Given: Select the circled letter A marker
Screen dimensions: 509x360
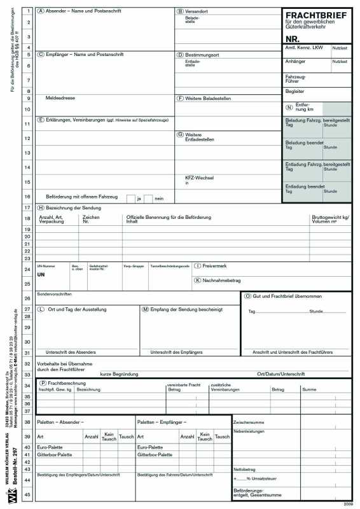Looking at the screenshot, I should click(41, 11).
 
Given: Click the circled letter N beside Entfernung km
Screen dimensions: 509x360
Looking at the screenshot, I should click(289, 108).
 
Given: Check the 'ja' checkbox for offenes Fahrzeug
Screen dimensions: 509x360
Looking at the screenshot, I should click(130, 199).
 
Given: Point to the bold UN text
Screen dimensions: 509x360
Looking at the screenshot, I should click(41, 274).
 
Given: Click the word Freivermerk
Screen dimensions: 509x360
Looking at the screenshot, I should click(216, 265).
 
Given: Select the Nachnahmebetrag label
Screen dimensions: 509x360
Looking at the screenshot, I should click(221, 280).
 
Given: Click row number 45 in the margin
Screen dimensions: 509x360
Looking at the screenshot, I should click(28, 494).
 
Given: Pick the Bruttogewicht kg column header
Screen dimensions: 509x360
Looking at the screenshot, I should click(329, 217).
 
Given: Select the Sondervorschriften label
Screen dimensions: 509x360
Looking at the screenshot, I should click(55, 295).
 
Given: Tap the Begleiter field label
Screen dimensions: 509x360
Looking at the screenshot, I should click(294, 91).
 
